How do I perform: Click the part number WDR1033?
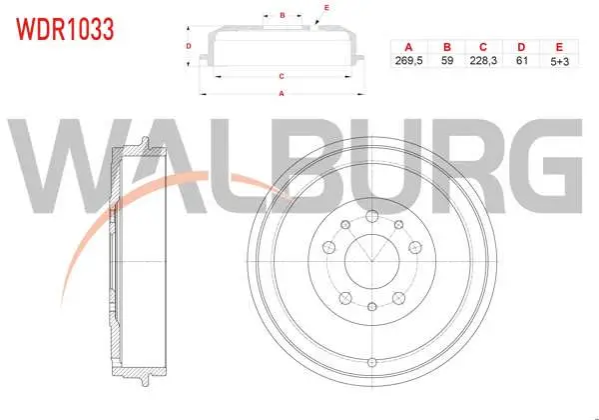tap(65, 29)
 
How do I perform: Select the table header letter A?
tap(408, 47)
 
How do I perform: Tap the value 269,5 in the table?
tap(408, 60)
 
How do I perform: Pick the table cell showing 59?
tap(447, 60)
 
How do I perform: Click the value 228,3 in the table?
tap(483, 60)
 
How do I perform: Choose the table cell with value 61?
tap(521, 60)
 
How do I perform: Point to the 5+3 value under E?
tap(560, 61)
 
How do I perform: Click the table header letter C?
tap(483, 47)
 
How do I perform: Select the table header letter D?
tap(521, 47)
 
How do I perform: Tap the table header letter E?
tap(559, 47)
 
